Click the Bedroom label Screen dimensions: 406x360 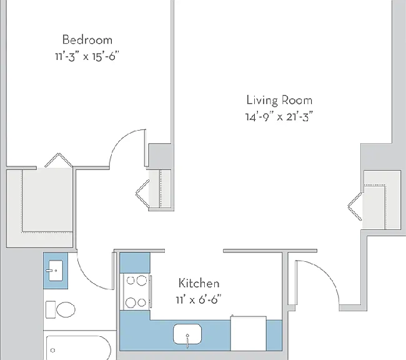tap(87, 39)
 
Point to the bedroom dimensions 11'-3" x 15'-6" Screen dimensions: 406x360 tap(87, 56)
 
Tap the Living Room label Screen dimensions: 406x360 tap(279, 100)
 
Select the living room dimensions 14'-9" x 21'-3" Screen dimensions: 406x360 tap(279, 117)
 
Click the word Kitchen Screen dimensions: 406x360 tap(199, 283)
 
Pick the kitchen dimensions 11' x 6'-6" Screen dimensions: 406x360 tap(199, 300)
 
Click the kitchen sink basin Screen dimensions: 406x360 tap(187, 333)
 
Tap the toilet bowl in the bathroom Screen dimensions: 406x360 tap(66, 309)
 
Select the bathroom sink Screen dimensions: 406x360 tap(56, 271)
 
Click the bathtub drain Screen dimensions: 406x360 tap(53, 351)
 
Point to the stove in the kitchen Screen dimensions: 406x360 tap(136, 292)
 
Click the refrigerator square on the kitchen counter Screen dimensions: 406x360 tap(249, 334)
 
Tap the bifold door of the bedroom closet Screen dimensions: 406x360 tap(59, 160)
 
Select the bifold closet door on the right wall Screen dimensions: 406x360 tap(355, 206)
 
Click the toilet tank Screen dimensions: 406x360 tap(51, 309)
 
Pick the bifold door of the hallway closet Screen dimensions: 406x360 tap(142, 194)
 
